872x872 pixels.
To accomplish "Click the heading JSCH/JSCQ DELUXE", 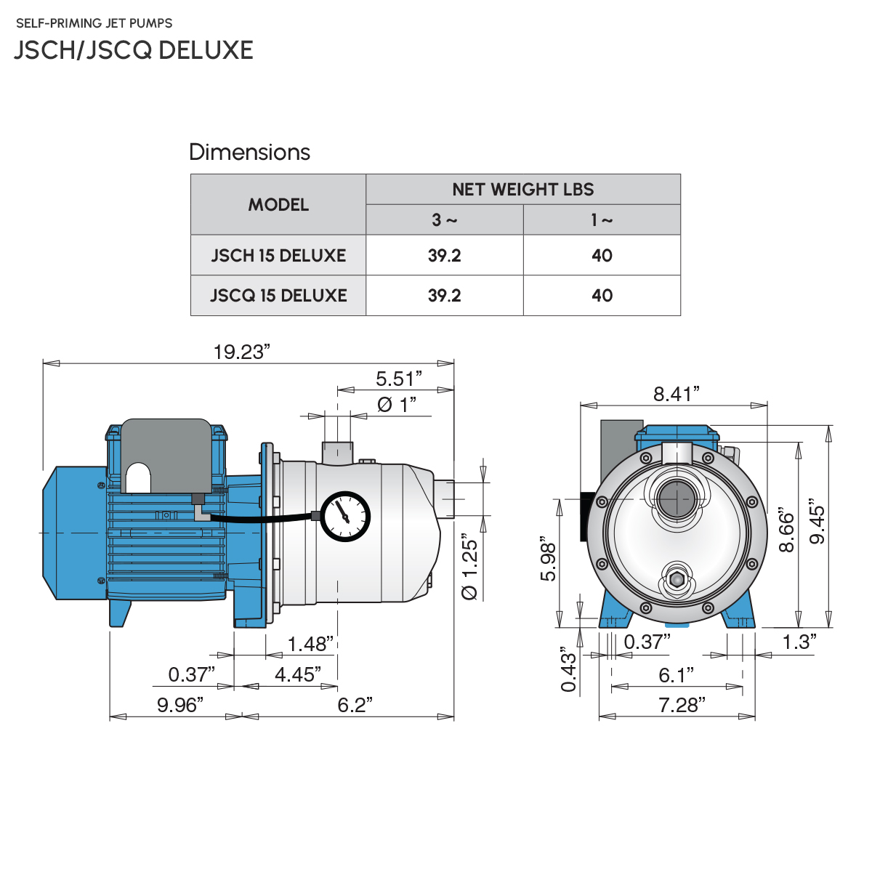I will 134,50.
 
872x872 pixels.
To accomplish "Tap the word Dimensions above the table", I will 249,152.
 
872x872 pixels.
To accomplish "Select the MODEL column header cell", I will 278,205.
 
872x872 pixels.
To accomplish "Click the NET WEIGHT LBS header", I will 522,190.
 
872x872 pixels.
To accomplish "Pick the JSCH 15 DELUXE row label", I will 278,256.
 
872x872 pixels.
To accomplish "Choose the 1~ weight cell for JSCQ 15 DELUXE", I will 602,296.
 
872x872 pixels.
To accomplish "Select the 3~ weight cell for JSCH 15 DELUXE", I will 444,256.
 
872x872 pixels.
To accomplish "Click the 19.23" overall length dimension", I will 241,352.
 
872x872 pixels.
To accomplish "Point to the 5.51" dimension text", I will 398,379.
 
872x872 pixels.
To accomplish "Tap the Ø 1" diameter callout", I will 397,405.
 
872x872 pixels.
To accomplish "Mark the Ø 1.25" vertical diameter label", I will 470,570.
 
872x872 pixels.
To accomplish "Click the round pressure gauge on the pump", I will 344,517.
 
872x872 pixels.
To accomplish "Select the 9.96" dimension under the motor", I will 179,705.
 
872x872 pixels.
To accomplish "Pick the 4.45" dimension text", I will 298,674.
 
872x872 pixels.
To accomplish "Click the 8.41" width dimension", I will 676,394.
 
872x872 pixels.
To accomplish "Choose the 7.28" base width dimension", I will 682,705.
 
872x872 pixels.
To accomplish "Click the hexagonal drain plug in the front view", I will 677,581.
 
